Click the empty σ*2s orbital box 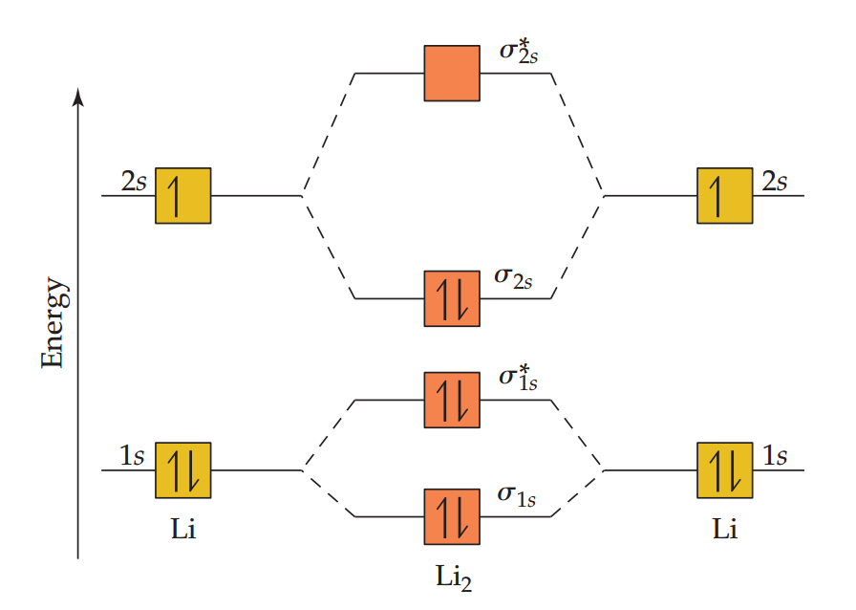click(452, 73)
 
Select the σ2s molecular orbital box click(452, 298)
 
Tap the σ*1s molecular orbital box click(452, 400)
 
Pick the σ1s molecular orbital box click(452, 516)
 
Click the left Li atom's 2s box click(182, 195)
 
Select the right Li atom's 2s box click(724, 195)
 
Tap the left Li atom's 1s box click(182, 470)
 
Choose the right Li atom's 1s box click(724, 470)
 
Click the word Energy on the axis click(53, 323)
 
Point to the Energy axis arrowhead click(79, 96)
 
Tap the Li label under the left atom click(182, 529)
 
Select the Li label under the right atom click(725, 529)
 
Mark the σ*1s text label click(521, 377)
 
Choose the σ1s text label click(516, 495)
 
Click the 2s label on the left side click(134, 181)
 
